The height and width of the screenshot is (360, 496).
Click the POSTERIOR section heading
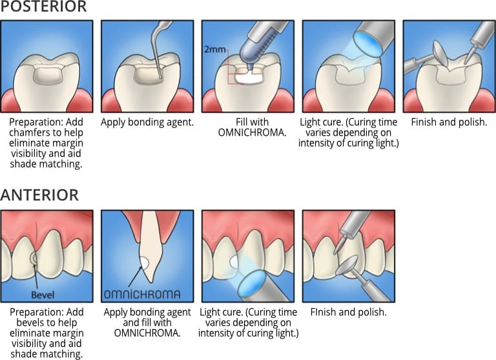tap(43, 7)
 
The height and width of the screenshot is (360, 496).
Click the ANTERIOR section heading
tap(39, 195)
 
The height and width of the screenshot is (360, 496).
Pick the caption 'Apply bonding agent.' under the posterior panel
tap(147, 122)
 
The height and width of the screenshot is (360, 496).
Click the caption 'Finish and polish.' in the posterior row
tap(449, 122)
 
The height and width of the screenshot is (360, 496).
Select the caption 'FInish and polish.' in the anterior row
tap(348, 312)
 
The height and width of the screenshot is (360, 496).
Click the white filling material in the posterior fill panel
tap(246, 76)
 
